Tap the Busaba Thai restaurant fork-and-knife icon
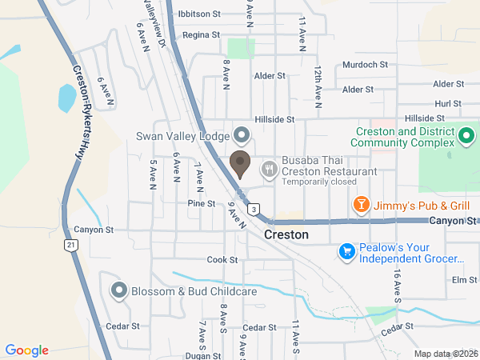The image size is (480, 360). pos(269,168)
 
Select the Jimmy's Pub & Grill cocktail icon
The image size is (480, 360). pos(362,206)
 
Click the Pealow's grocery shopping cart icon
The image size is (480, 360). pos(347,252)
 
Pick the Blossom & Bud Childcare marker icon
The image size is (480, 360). pos(119,290)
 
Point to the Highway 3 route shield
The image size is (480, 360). pos(254,210)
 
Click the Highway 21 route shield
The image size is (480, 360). pos(72,245)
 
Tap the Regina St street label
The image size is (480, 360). pos(201,35)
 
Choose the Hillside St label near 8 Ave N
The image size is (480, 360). pos(275,119)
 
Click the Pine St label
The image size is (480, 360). pos(201,203)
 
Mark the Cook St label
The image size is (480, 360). pos(222,260)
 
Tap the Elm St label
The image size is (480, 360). pos(464,280)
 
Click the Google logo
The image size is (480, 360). pos(27,350)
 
